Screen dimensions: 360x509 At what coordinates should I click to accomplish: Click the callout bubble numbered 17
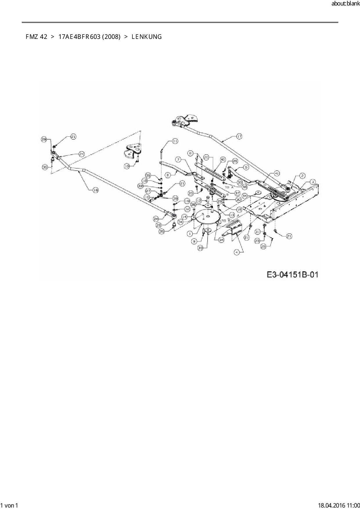click(x=239, y=136)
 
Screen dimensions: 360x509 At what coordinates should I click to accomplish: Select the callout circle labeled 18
click(x=96, y=190)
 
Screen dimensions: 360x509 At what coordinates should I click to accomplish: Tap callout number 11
click(x=175, y=141)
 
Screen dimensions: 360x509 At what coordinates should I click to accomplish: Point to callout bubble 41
click(x=277, y=173)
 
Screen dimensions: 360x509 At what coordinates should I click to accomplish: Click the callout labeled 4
click(x=237, y=252)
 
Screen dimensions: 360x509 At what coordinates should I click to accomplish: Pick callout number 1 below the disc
click(x=190, y=233)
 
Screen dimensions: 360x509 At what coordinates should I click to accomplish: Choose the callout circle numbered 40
click(x=223, y=160)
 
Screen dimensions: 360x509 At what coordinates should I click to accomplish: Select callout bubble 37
click(x=237, y=193)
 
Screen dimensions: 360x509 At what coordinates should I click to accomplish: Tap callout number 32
click(x=187, y=209)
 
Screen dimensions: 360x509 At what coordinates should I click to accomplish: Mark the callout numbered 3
click(x=312, y=182)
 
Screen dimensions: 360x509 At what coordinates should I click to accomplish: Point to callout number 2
click(x=302, y=176)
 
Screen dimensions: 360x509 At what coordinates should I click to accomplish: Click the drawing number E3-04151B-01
click(x=292, y=274)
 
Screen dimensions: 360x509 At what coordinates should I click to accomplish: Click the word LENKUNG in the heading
click(x=147, y=37)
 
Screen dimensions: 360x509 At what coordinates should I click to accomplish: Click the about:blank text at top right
click(x=345, y=4)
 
